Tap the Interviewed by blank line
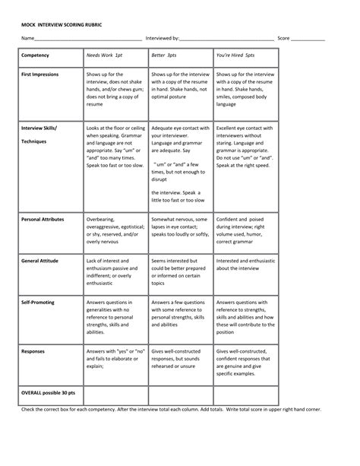tap(227, 38)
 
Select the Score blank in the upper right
tap(308, 38)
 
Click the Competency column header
tap(36, 56)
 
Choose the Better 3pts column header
tap(166, 56)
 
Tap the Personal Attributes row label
tap(43, 219)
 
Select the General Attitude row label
tap(40, 260)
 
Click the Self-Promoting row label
tap(37, 301)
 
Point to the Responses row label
tap(33, 351)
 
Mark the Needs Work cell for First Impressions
tap(115, 91)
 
